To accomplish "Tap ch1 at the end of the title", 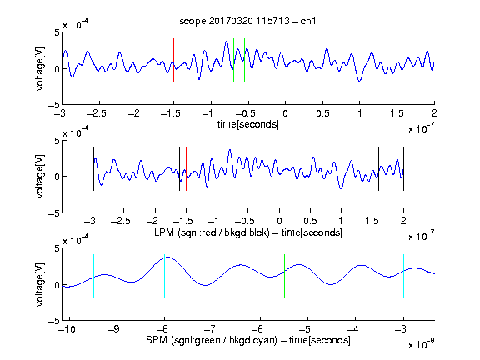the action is [x=308, y=21].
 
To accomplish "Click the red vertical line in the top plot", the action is [x=173, y=60].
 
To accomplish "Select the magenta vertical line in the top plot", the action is [x=397, y=60].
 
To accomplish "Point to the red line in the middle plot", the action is [x=186, y=168].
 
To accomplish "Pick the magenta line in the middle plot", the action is [x=372, y=168].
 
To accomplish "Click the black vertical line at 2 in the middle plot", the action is [x=403, y=168].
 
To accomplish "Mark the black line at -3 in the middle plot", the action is [x=93, y=168].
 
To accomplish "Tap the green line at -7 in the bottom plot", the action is [x=212, y=276].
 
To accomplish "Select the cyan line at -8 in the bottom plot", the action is [x=165, y=276].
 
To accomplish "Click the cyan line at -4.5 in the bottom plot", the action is [x=332, y=276].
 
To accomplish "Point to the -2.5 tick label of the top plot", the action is [x=96, y=113].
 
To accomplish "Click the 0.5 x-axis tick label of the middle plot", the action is [x=310, y=221].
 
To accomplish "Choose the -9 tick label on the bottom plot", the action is [x=114, y=329].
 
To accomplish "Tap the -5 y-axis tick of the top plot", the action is [x=53, y=106].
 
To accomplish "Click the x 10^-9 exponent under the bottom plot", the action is [x=422, y=344].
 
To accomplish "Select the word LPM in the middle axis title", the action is [x=164, y=232].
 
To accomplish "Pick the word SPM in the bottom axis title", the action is [x=157, y=340].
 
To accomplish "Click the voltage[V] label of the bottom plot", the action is [x=40, y=284].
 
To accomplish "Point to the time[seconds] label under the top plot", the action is [x=248, y=124].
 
